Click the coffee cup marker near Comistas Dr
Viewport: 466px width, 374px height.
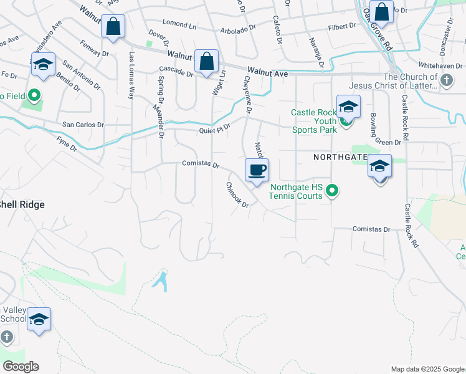(x=257, y=170)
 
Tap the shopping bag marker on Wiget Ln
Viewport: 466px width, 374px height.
(x=206, y=62)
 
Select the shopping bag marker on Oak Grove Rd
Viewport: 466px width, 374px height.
(x=381, y=12)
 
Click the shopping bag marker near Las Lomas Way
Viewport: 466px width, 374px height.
(x=113, y=27)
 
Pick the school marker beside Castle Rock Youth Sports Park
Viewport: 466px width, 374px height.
(x=348, y=107)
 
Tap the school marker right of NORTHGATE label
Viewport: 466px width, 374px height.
(x=379, y=166)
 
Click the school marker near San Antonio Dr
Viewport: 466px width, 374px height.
(x=44, y=64)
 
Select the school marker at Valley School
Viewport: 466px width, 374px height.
(x=39, y=320)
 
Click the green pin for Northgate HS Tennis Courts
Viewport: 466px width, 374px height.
(x=333, y=191)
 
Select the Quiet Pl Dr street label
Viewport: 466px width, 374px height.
(x=215, y=130)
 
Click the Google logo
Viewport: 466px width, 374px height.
(x=21, y=367)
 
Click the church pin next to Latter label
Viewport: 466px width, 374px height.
(x=445, y=80)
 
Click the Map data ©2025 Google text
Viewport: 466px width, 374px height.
(x=427, y=369)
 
